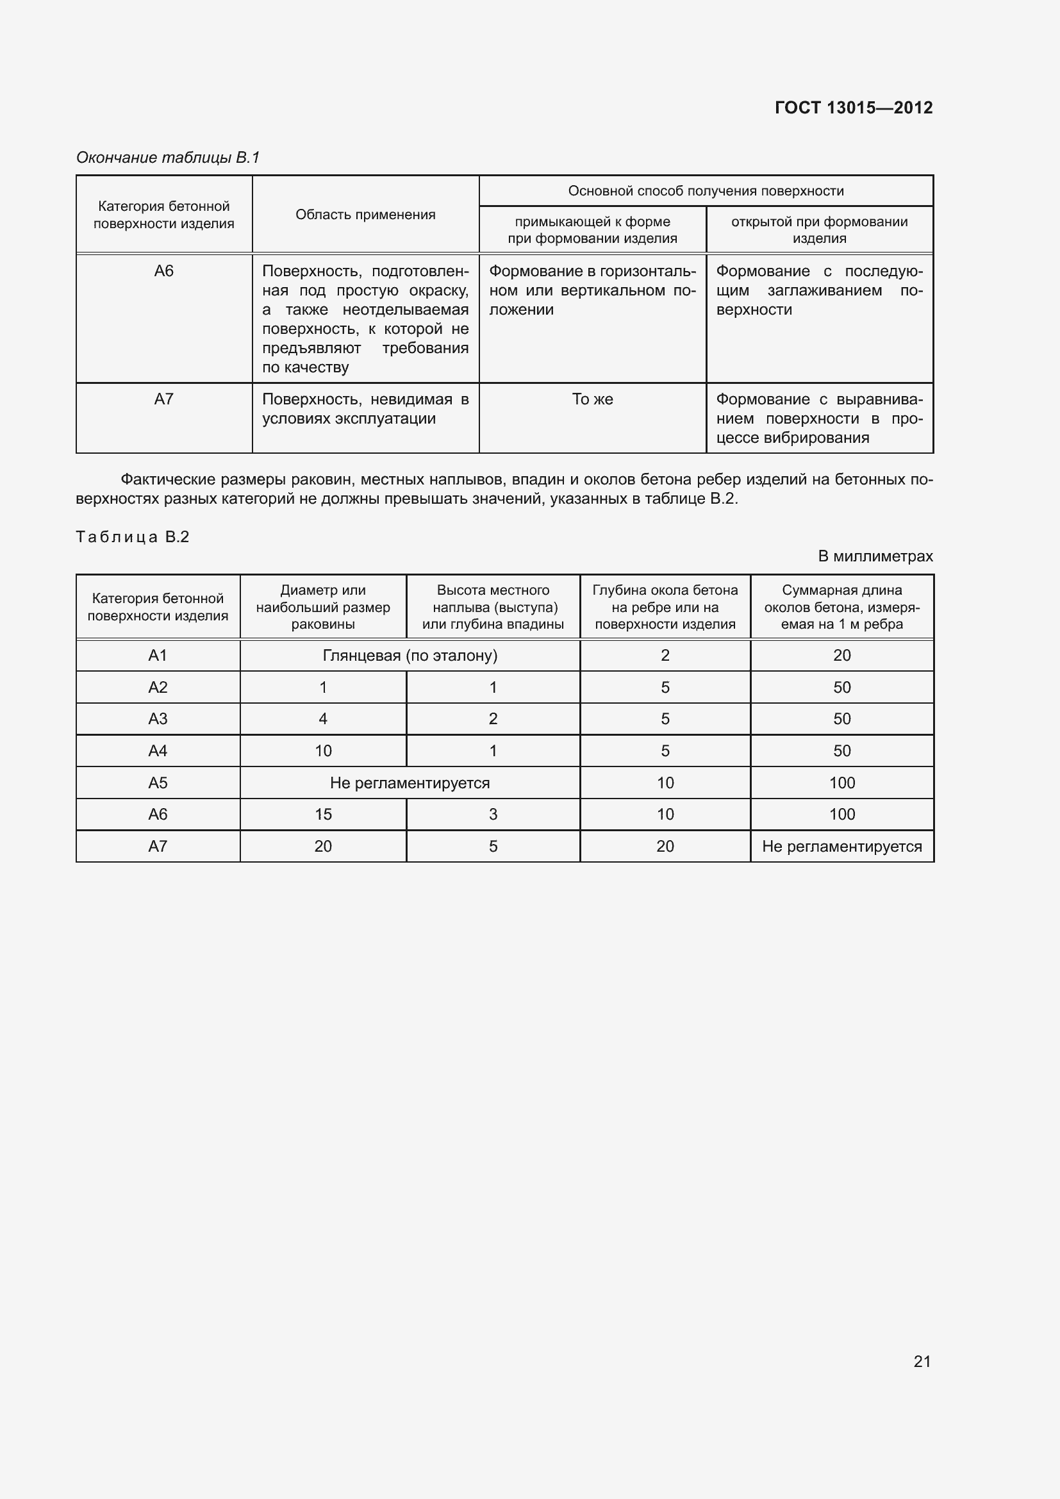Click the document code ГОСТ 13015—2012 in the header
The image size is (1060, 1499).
pyautogui.click(x=853, y=108)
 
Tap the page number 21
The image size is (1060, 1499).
pyautogui.click(x=922, y=1361)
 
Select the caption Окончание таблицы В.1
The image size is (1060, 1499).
pyautogui.click(x=168, y=158)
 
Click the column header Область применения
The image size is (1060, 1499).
pyautogui.click(x=365, y=215)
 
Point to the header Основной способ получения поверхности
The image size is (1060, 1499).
pyautogui.click(x=706, y=191)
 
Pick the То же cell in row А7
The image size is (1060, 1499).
pyautogui.click(x=592, y=399)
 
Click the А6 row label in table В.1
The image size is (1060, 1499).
pyautogui.click(x=164, y=271)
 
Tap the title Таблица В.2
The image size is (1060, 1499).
pyautogui.click(x=133, y=536)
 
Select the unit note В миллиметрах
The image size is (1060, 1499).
pyautogui.click(x=875, y=556)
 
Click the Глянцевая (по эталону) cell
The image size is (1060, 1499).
pyautogui.click(x=410, y=656)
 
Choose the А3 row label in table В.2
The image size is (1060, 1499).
pyautogui.click(x=158, y=719)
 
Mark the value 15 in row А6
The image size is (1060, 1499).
pyautogui.click(x=323, y=814)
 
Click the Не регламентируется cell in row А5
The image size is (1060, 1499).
pyautogui.click(x=410, y=783)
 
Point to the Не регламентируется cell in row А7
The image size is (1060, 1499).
pyautogui.click(x=841, y=846)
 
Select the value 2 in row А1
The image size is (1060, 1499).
pyautogui.click(x=665, y=656)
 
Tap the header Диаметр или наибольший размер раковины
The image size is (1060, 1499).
pyautogui.click(x=323, y=607)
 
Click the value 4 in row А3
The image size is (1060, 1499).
pyautogui.click(x=323, y=719)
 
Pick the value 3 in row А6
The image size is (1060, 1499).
pyautogui.click(x=493, y=814)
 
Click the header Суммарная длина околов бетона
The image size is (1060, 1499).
pyautogui.click(x=841, y=607)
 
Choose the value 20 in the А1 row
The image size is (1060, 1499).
pyautogui.click(x=841, y=656)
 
